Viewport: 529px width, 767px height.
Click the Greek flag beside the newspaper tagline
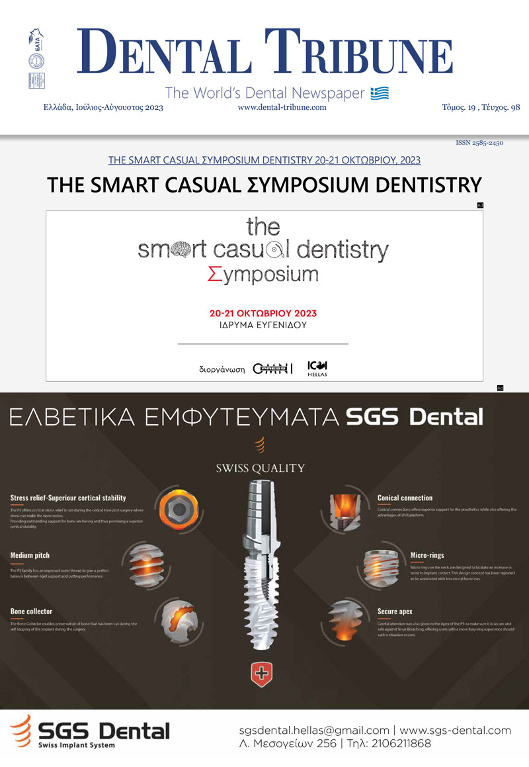pos(380,93)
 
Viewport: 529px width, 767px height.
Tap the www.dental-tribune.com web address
pos(282,107)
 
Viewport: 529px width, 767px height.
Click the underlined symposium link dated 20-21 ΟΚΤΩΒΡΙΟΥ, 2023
pos(264,160)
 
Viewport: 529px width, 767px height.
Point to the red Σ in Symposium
pos(214,273)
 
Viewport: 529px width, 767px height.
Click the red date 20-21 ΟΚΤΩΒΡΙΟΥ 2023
pos(263,313)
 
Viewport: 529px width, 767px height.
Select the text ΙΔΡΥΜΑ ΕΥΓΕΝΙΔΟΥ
pos(263,325)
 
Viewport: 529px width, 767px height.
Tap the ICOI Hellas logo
pos(317,368)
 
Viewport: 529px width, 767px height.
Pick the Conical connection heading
pos(405,498)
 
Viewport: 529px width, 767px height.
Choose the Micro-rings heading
pos(394,555)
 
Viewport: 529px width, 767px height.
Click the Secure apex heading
pos(395,611)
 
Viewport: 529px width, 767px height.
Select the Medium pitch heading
pos(30,555)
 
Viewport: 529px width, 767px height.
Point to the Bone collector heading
pos(31,611)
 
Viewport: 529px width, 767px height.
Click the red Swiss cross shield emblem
pos(263,674)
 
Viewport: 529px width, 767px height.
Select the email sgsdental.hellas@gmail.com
pos(314,731)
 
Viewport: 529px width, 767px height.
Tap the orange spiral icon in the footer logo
pos(20,731)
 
